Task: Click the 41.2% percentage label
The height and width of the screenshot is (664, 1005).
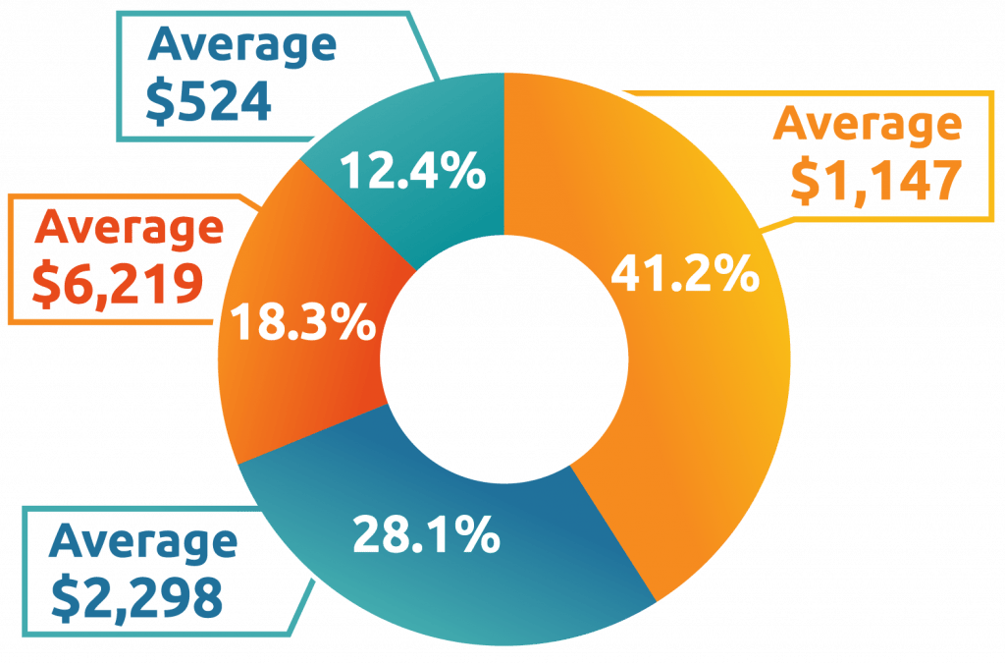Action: click(x=684, y=276)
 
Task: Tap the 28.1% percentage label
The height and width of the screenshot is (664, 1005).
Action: click(x=425, y=535)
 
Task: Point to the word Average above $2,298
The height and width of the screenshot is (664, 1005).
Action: click(x=143, y=541)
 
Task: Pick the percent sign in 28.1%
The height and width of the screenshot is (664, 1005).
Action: click(x=478, y=535)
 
